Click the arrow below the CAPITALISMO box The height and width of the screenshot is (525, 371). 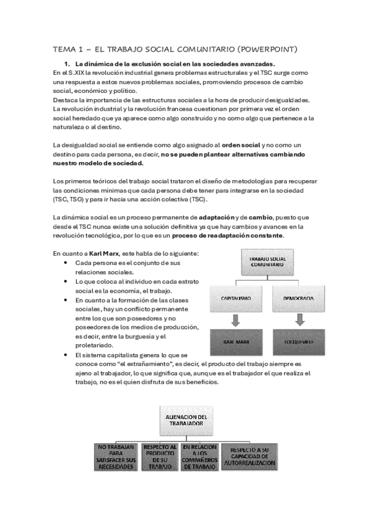pos(236,319)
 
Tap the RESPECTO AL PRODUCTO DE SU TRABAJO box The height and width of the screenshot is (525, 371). pos(160,458)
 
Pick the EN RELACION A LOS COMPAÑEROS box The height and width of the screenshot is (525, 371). pos(200,458)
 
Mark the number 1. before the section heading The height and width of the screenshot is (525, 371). pos(68,64)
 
